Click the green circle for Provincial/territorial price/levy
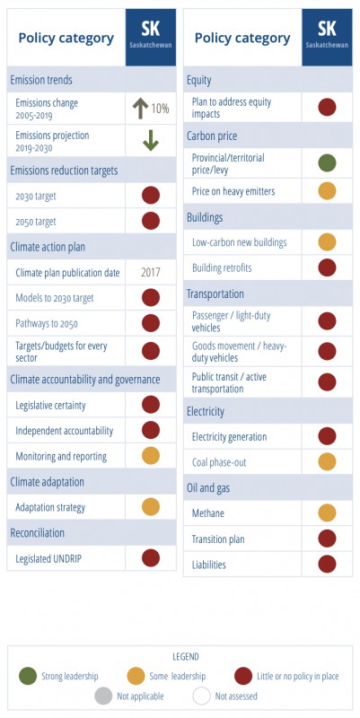click(x=327, y=163)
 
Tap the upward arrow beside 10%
click(x=140, y=109)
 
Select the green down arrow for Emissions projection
click(x=151, y=141)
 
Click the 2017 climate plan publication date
click(x=151, y=273)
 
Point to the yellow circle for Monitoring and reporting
click(x=151, y=456)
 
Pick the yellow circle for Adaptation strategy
click(x=151, y=507)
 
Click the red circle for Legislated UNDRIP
click(x=151, y=558)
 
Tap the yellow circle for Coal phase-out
click(x=327, y=462)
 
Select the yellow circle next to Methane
click(x=327, y=512)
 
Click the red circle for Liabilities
click(x=327, y=565)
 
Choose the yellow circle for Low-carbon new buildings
click(x=327, y=241)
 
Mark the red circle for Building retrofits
click(x=327, y=267)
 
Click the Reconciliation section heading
click(x=37, y=532)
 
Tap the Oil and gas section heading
click(x=208, y=488)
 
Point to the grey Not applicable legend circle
click(x=103, y=696)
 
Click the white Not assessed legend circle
click(x=201, y=696)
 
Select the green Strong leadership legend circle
click(x=28, y=676)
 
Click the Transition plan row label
click(x=218, y=539)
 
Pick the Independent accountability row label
click(x=64, y=431)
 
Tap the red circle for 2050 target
click(x=151, y=221)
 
